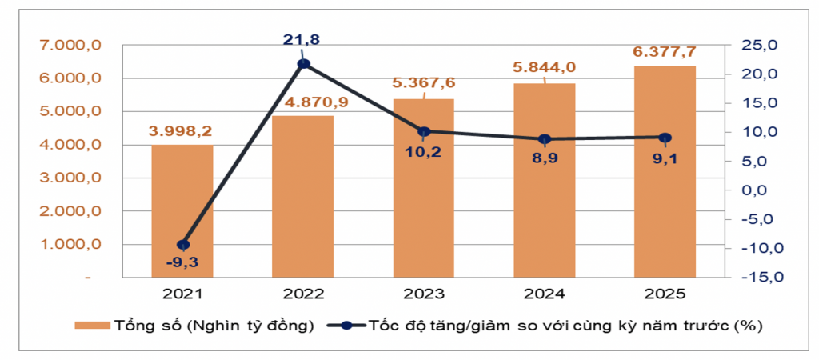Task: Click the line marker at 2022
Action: coord(303,64)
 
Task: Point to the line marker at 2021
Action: coord(182,245)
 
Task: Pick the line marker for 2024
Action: coord(545,139)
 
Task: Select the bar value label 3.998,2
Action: coord(182,130)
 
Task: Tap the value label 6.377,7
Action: coord(665,51)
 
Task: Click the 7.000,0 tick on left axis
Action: coord(70,46)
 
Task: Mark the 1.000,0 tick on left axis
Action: coord(70,245)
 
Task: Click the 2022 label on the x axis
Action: coord(303,294)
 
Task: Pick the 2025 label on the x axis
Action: coord(665,294)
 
